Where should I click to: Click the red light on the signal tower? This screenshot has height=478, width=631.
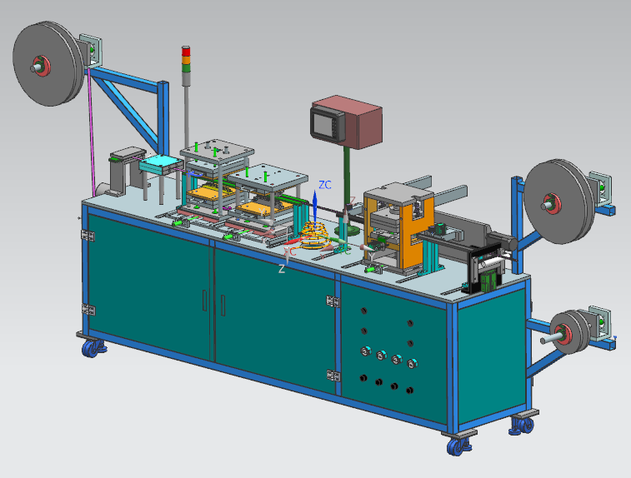(186, 51)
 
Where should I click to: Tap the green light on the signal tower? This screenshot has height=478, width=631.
(186, 68)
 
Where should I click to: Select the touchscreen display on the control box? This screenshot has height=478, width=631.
(328, 123)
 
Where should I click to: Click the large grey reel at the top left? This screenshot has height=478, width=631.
(48, 63)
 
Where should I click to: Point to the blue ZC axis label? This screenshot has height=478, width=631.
(325, 185)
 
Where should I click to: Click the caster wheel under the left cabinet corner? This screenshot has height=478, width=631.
(93, 349)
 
